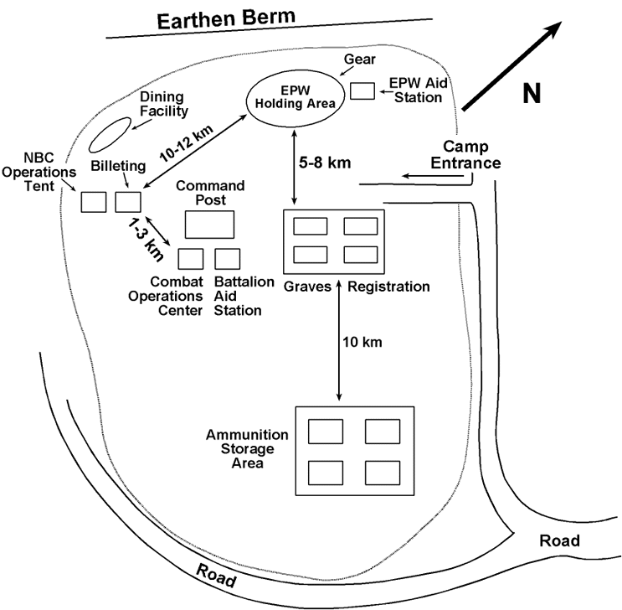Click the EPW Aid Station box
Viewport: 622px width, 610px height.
pos(362,90)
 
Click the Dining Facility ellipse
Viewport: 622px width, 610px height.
pos(110,133)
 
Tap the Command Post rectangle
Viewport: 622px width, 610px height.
pos(209,225)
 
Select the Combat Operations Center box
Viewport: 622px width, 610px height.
pos(191,258)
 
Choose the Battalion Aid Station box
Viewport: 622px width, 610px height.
pos(228,258)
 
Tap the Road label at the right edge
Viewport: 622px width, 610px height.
pos(560,541)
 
